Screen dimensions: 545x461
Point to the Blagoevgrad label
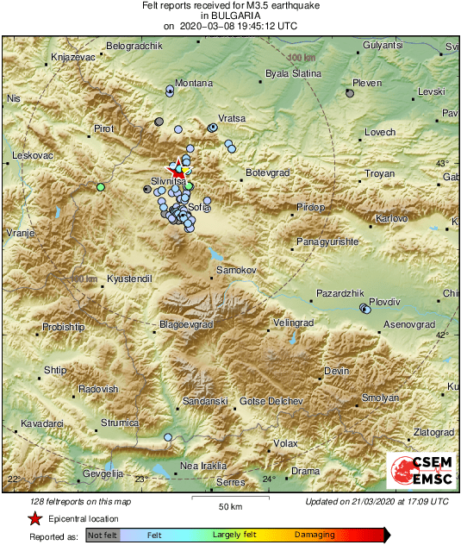point(186,325)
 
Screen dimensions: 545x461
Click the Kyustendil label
point(128,279)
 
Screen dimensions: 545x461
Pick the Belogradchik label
point(134,46)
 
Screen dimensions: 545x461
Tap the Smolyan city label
point(380,398)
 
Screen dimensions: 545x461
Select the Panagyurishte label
point(327,242)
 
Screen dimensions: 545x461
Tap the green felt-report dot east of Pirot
point(101,186)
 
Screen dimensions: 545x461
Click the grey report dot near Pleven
point(350,94)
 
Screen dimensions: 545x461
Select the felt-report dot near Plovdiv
point(365,308)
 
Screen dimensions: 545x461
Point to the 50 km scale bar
point(228,498)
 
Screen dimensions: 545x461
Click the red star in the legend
point(34,518)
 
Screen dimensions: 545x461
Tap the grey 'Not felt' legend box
point(103,535)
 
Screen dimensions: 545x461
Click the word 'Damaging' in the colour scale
point(315,535)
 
